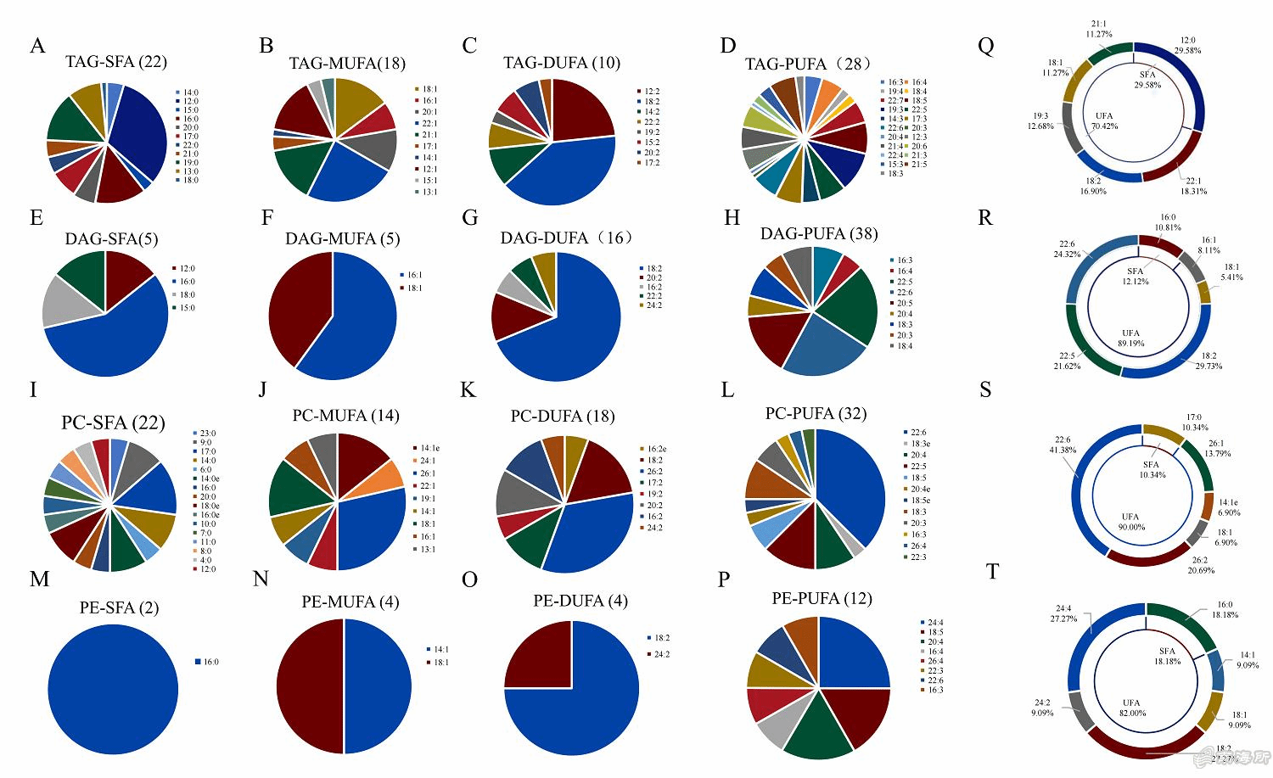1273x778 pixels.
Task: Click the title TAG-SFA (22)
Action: coord(116,62)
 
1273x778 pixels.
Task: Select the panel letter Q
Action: coord(985,46)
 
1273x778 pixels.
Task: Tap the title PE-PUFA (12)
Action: coord(822,599)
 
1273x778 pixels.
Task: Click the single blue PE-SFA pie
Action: coord(113,689)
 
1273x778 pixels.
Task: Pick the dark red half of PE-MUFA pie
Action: coord(311,686)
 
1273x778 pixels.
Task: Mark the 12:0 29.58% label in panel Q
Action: coord(1187,46)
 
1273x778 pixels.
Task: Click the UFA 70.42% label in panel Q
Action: coord(1104,121)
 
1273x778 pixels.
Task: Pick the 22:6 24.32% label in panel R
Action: coord(1067,249)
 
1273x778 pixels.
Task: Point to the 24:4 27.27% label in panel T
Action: coord(1063,613)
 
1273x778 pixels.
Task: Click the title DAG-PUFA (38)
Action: coord(818,234)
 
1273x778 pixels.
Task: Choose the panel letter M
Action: coord(39,579)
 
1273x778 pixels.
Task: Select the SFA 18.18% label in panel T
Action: coord(1167,656)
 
